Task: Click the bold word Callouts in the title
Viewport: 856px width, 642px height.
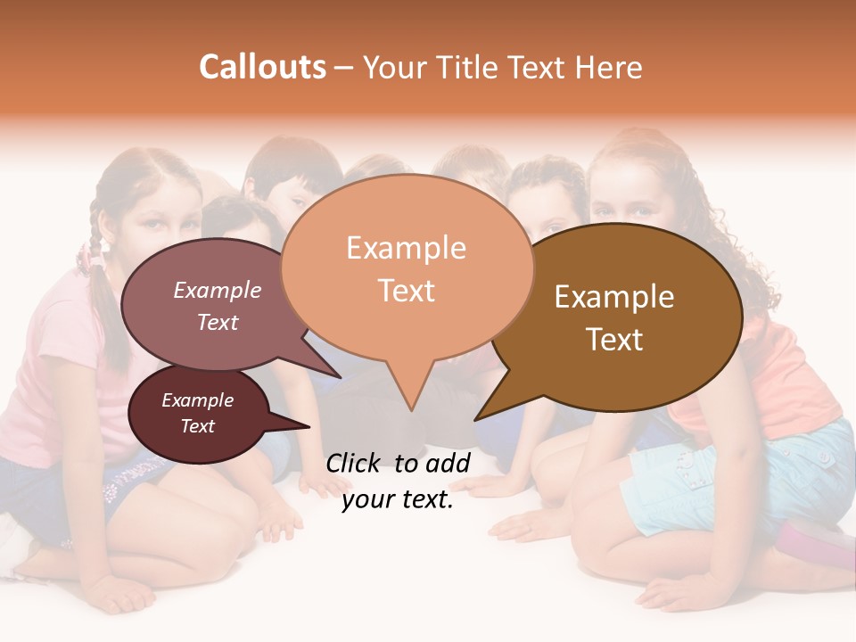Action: point(262,67)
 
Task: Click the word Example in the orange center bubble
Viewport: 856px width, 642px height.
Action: point(406,248)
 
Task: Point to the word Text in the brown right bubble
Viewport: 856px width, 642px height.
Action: point(614,340)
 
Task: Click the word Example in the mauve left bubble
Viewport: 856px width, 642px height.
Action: point(217,290)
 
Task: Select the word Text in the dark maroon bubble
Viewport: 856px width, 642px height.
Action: point(198,426)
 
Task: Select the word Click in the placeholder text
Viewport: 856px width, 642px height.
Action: point(355,463)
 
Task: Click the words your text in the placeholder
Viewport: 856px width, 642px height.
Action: point(398,500)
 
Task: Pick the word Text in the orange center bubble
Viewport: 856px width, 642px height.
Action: point(406,291)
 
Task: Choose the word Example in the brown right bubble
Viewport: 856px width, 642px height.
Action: point(614,297)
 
